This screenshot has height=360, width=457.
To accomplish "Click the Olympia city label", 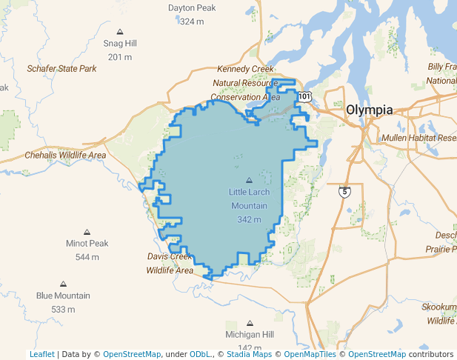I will (x=369, y=110).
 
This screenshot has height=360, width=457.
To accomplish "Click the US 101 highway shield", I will (x=305, y=96).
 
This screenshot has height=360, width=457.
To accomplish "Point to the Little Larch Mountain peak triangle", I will (x=249, y=181).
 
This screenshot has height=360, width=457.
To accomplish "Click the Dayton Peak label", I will (x=192, y=8).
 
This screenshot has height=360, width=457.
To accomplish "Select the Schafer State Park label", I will (x=62, y=68).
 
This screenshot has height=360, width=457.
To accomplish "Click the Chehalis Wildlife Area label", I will (x=65, y=156).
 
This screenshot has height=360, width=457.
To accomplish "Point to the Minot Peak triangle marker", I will (x=87, y=232).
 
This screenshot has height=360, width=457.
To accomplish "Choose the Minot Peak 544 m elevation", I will (x=87, y=257).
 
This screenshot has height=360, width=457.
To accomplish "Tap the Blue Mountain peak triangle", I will (x=63, y=284).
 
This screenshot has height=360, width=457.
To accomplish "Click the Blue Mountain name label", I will (x=63, y=296).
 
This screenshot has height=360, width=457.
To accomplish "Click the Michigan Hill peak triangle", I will (x=250, y=323).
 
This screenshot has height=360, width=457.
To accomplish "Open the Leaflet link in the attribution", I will (x=41, y=354).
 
